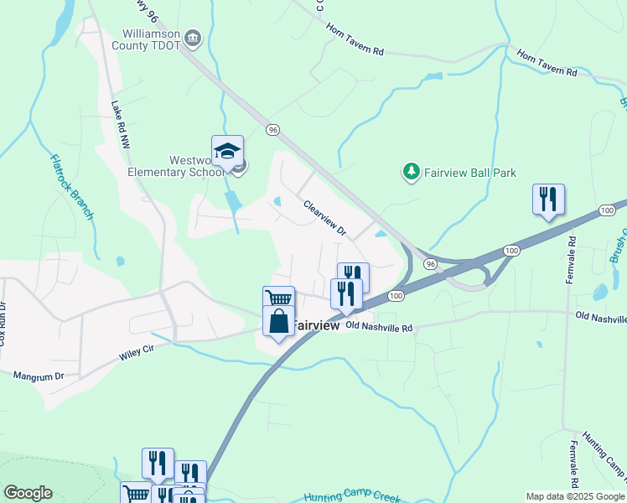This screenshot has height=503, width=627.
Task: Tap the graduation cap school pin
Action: click(227, 152)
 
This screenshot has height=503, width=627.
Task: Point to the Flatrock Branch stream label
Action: click(72, 187)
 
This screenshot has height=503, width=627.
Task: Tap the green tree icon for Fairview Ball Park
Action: click(411, 172)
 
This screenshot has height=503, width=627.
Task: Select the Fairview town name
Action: click(315, 325)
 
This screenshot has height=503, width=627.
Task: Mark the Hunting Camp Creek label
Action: click(352, 496)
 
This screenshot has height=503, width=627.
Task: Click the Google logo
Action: click(28, 493)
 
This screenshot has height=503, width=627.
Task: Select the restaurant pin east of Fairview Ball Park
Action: click(548, 200)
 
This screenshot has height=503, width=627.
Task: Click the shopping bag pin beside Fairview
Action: click(278, 322)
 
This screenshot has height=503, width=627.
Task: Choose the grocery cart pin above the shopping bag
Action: click(278, 300)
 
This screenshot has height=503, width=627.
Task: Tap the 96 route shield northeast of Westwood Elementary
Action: click(272, 130)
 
